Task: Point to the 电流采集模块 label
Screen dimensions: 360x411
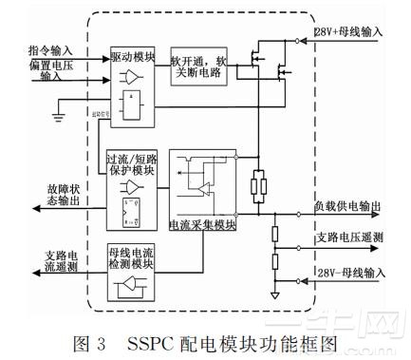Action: click(200, 224)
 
